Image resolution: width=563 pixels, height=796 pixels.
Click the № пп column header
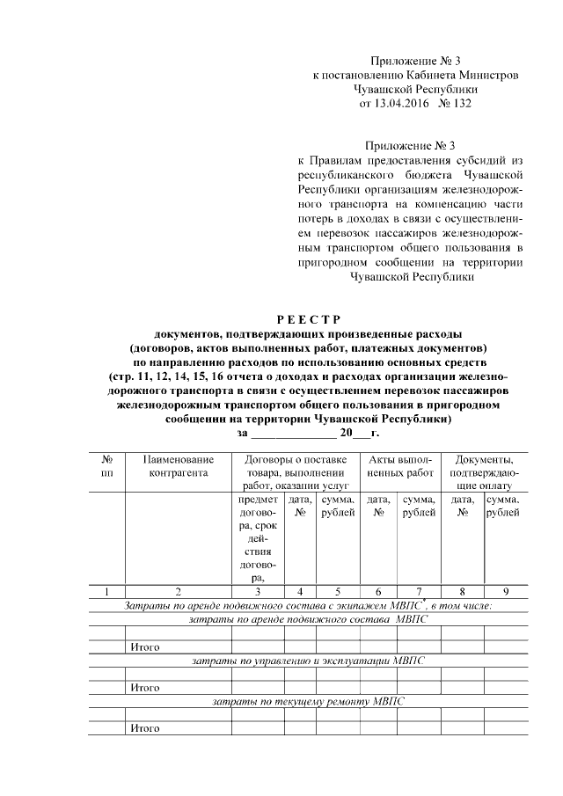[x=106, y=466]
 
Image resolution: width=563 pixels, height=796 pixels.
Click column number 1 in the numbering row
[x=106, y=592]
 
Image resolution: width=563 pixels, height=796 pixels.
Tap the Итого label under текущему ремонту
[x=144, y=728]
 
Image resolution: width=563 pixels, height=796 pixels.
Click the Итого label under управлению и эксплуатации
[x=144, y=687]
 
